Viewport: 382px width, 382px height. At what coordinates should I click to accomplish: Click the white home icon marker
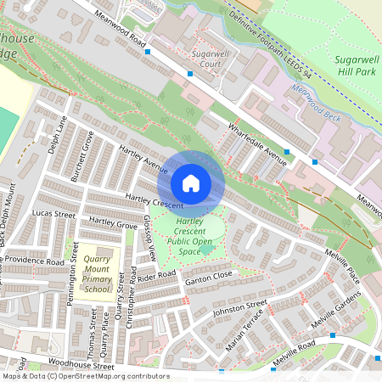tap(191, 183)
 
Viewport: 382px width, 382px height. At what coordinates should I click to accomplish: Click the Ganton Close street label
tap(209, 277)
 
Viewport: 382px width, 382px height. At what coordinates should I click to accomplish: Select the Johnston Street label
tap(240, 308)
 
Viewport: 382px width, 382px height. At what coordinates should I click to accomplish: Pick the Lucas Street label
tap(54, 214)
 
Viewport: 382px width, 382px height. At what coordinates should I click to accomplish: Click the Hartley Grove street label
tap(113, 225)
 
